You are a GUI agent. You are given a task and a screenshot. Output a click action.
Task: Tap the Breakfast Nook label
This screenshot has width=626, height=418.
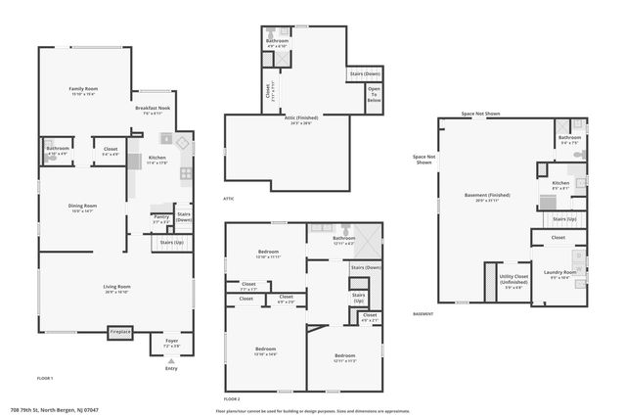tap(152, 111)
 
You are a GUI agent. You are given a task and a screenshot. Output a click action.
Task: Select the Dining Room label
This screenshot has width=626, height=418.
tap(81, 207)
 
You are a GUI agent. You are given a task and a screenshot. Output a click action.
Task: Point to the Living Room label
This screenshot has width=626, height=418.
tap(117, 288)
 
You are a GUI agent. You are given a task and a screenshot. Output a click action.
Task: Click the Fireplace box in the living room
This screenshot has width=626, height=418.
tap(120, 333)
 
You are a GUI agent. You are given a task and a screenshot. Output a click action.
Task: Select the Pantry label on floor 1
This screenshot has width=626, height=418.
tap(160, 220)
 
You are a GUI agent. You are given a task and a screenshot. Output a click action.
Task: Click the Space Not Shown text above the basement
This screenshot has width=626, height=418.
tap(481, 114)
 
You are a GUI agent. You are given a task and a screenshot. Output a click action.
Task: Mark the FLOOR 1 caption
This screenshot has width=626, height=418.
tap(45, 378)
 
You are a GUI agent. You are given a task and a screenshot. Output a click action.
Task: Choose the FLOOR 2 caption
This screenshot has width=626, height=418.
tap(232, 399)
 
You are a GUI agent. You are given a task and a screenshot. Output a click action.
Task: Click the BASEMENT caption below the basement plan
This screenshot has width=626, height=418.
tap(423, 314)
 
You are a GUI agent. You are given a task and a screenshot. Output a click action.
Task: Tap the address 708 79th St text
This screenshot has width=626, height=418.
tap(55, 410)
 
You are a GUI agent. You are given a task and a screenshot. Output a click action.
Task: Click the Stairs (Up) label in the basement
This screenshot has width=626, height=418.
tap(565, 219)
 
